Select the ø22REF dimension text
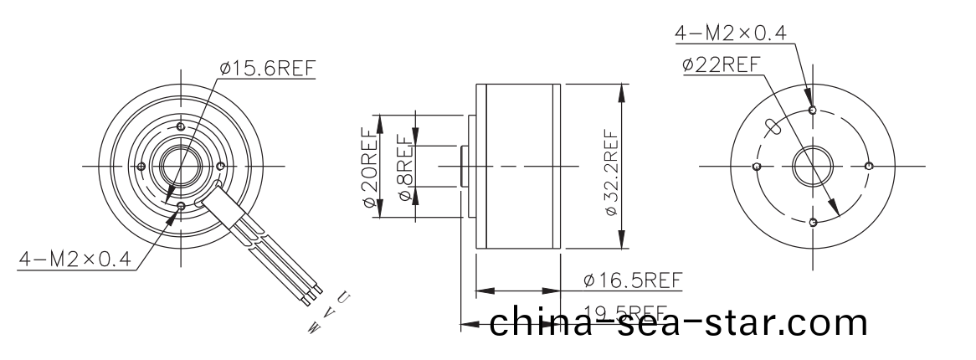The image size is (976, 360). point(721,64)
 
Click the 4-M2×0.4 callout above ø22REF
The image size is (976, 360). point(731,33)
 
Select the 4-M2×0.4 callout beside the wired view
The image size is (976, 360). point(76,260)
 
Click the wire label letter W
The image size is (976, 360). point(313,329)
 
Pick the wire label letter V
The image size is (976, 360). point(327,313)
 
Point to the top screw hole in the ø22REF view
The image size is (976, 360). point(813,110)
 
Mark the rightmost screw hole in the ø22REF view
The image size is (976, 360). point(869,166)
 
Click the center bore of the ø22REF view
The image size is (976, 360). point(812,166)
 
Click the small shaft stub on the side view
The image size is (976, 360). point(464,166)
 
